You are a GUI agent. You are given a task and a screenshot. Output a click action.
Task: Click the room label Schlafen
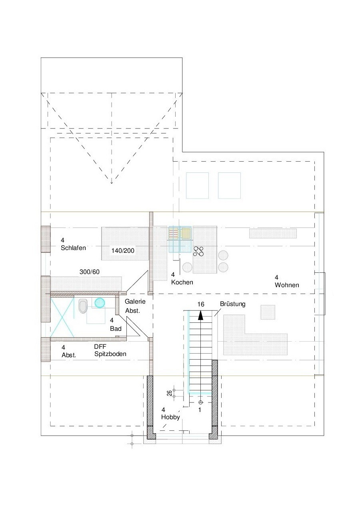coord(73,248)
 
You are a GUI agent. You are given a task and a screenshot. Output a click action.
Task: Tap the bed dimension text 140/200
coord(123,250)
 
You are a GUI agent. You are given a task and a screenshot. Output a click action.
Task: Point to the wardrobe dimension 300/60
coord(89,272)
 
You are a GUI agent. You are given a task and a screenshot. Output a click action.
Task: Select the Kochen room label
coord(182,282)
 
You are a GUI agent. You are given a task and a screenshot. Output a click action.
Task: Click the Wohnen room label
coord(287,285)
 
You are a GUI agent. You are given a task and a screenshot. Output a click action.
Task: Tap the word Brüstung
coord(232,304)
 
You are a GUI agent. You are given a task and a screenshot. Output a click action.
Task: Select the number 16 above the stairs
coord(201,304)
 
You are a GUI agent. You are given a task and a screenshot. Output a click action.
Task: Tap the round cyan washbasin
coord(100,303)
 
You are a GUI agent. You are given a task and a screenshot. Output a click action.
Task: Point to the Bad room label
coord(116,328)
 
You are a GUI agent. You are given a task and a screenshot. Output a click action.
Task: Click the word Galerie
coord(135,301)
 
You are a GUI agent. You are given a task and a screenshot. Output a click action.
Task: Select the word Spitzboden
coord(110,354)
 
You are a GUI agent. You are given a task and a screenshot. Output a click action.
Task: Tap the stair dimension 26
coord(170,393)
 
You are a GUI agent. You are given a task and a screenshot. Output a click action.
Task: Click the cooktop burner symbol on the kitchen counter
coord(198,251)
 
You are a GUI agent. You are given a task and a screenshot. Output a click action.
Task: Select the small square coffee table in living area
coord(268,312)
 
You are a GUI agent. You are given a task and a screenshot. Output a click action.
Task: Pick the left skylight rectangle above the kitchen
coord(197,186)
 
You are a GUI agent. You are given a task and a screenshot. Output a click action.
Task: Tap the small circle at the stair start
coord(200,402)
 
